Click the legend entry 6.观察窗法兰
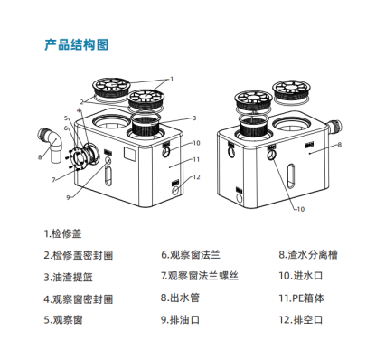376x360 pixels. pos(191,255)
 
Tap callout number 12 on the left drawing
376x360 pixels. pos(195,177)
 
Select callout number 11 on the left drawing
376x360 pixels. pos(195,159)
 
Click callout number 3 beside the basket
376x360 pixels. pos(193,118)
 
